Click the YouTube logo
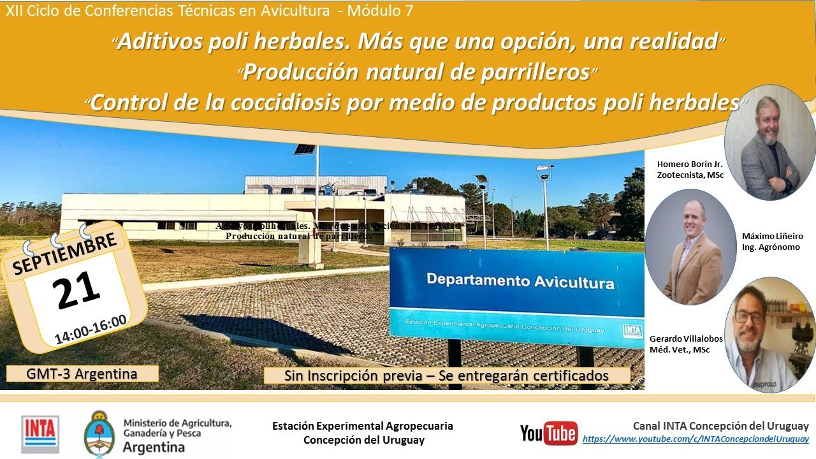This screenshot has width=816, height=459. (549, 433)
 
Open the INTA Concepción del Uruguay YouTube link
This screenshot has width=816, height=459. (696, 439)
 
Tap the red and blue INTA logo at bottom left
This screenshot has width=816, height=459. (40, 434)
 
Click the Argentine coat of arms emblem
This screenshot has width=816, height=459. (99, 433)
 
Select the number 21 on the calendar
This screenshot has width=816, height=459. (77, 290)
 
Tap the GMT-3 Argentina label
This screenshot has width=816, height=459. (82, 374)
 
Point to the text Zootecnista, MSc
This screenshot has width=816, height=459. (690, 175)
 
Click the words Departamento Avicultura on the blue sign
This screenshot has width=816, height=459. (520, 280)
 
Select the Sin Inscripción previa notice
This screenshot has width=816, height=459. (446, 376)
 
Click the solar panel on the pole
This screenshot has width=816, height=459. (305, 149)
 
